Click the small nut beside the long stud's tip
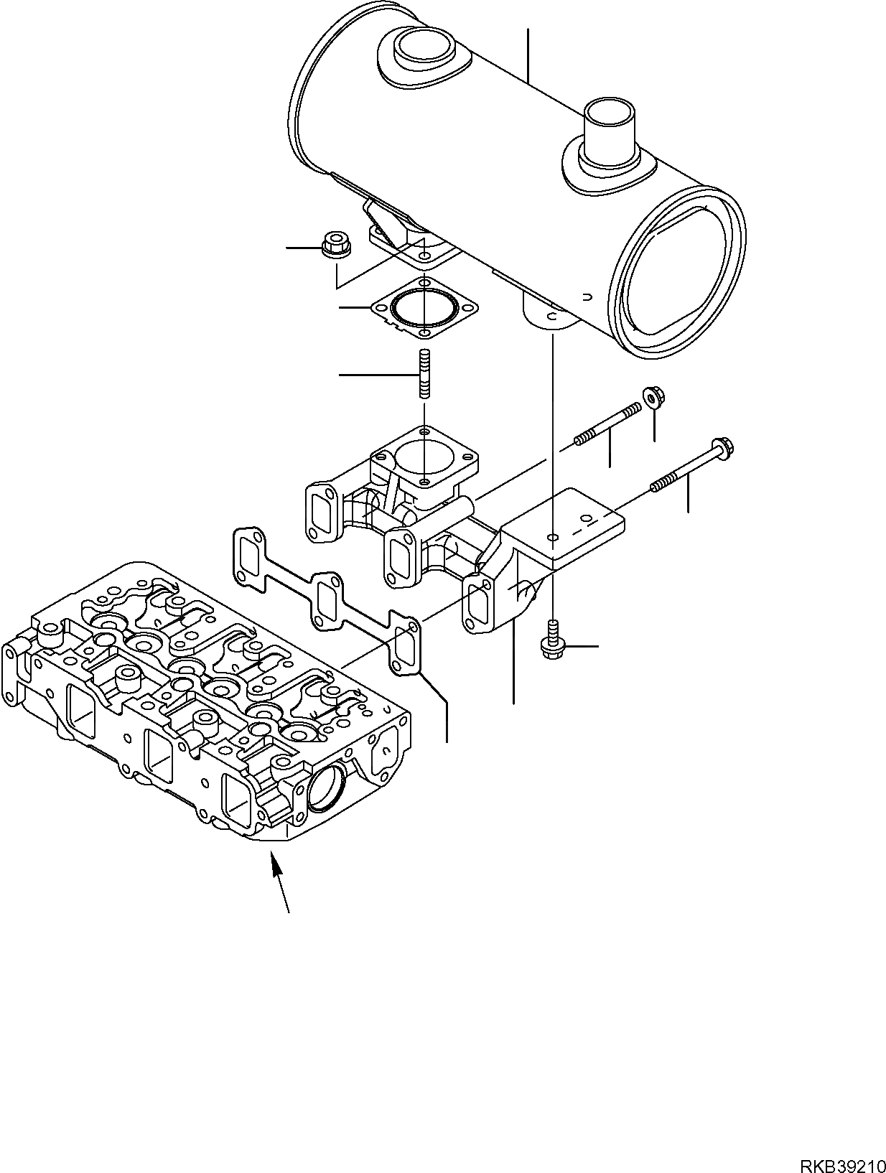tap(650, 396)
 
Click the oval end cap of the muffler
tap(678, 271)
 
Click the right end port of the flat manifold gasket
tap(406, 647)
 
